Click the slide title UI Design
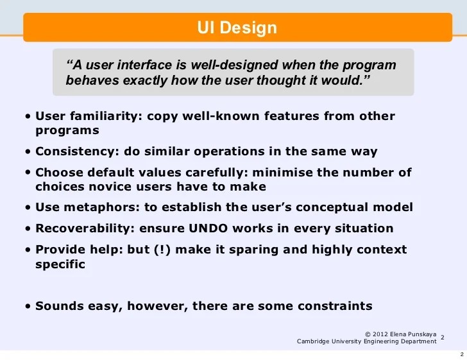(237, 28)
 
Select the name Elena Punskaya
(417, 334)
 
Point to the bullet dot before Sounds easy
(29, 306)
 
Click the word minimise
(285, 173)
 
